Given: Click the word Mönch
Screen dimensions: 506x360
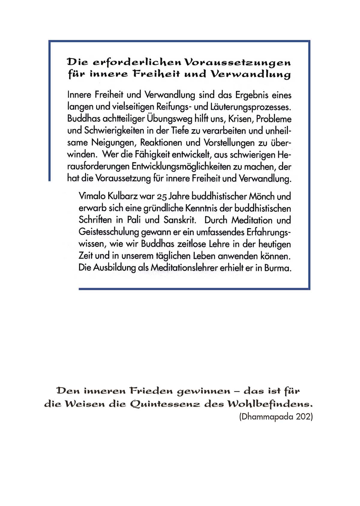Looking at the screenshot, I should (x=260, y=196).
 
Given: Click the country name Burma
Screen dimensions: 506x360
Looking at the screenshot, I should (x=278, y=268).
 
